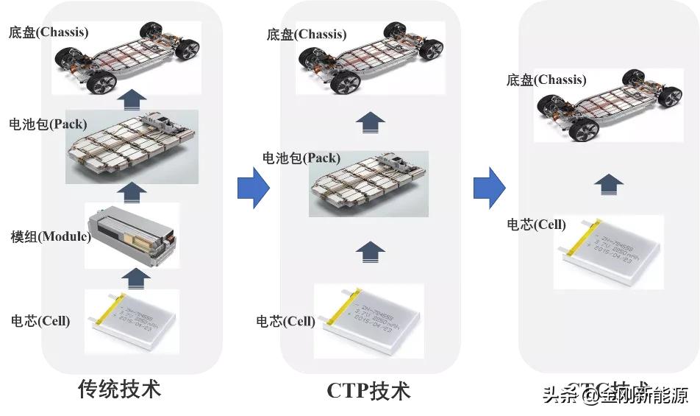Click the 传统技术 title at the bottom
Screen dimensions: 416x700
pos(119,388)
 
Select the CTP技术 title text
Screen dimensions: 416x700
pos(368,390)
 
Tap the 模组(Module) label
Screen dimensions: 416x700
pos(50,236)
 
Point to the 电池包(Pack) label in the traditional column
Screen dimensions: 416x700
pos(47,124)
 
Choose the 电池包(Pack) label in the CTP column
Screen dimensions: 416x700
pos(301,158)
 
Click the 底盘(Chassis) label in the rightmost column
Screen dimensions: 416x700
pos(546,80)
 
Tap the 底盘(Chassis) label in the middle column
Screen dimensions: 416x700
pos(307,34)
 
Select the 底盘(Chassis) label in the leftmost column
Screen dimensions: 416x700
pos(49,32)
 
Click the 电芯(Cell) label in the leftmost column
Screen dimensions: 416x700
pos(40,321)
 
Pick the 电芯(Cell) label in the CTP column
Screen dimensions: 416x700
pos(285,321)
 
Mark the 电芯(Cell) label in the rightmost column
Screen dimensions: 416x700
pos(537,224)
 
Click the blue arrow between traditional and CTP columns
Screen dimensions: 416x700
pos(254,188)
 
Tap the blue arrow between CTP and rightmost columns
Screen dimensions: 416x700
pos(489,188)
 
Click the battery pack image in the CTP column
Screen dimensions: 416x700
pos(368,184)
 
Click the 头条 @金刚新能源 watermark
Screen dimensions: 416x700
pos(616,396)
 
